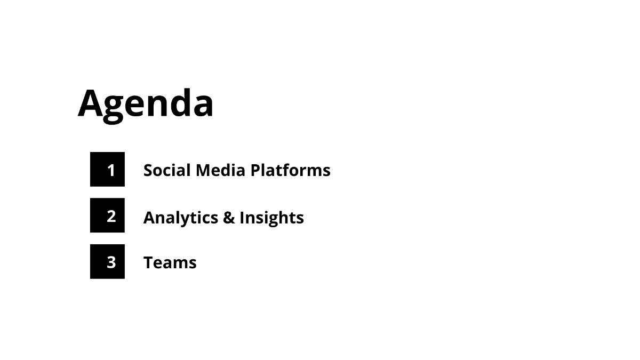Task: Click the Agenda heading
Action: pyautogui.click(x=146, y=103)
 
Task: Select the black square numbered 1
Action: pyautogui.click(x=107, y=170)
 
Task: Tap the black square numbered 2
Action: pyautogui.click(x=107, y=215)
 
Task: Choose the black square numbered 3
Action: pyautogui.click(x=107, y=261)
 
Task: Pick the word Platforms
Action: pyautogui.click(x=291, y=170)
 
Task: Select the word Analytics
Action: pyautogui.click(x=180, y=218)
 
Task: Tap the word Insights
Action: pyautogui.click(x=271, y=218)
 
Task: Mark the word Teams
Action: pyautogui.click(x=170, y=262)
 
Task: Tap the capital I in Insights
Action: pyautogui.click(x=242, y=218)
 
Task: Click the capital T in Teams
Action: pyautogui.click(x=149, y=262)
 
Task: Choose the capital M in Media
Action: pyautogui.click(x=203, y=170)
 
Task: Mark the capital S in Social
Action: pyautogui.click(x=148, y=170)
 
